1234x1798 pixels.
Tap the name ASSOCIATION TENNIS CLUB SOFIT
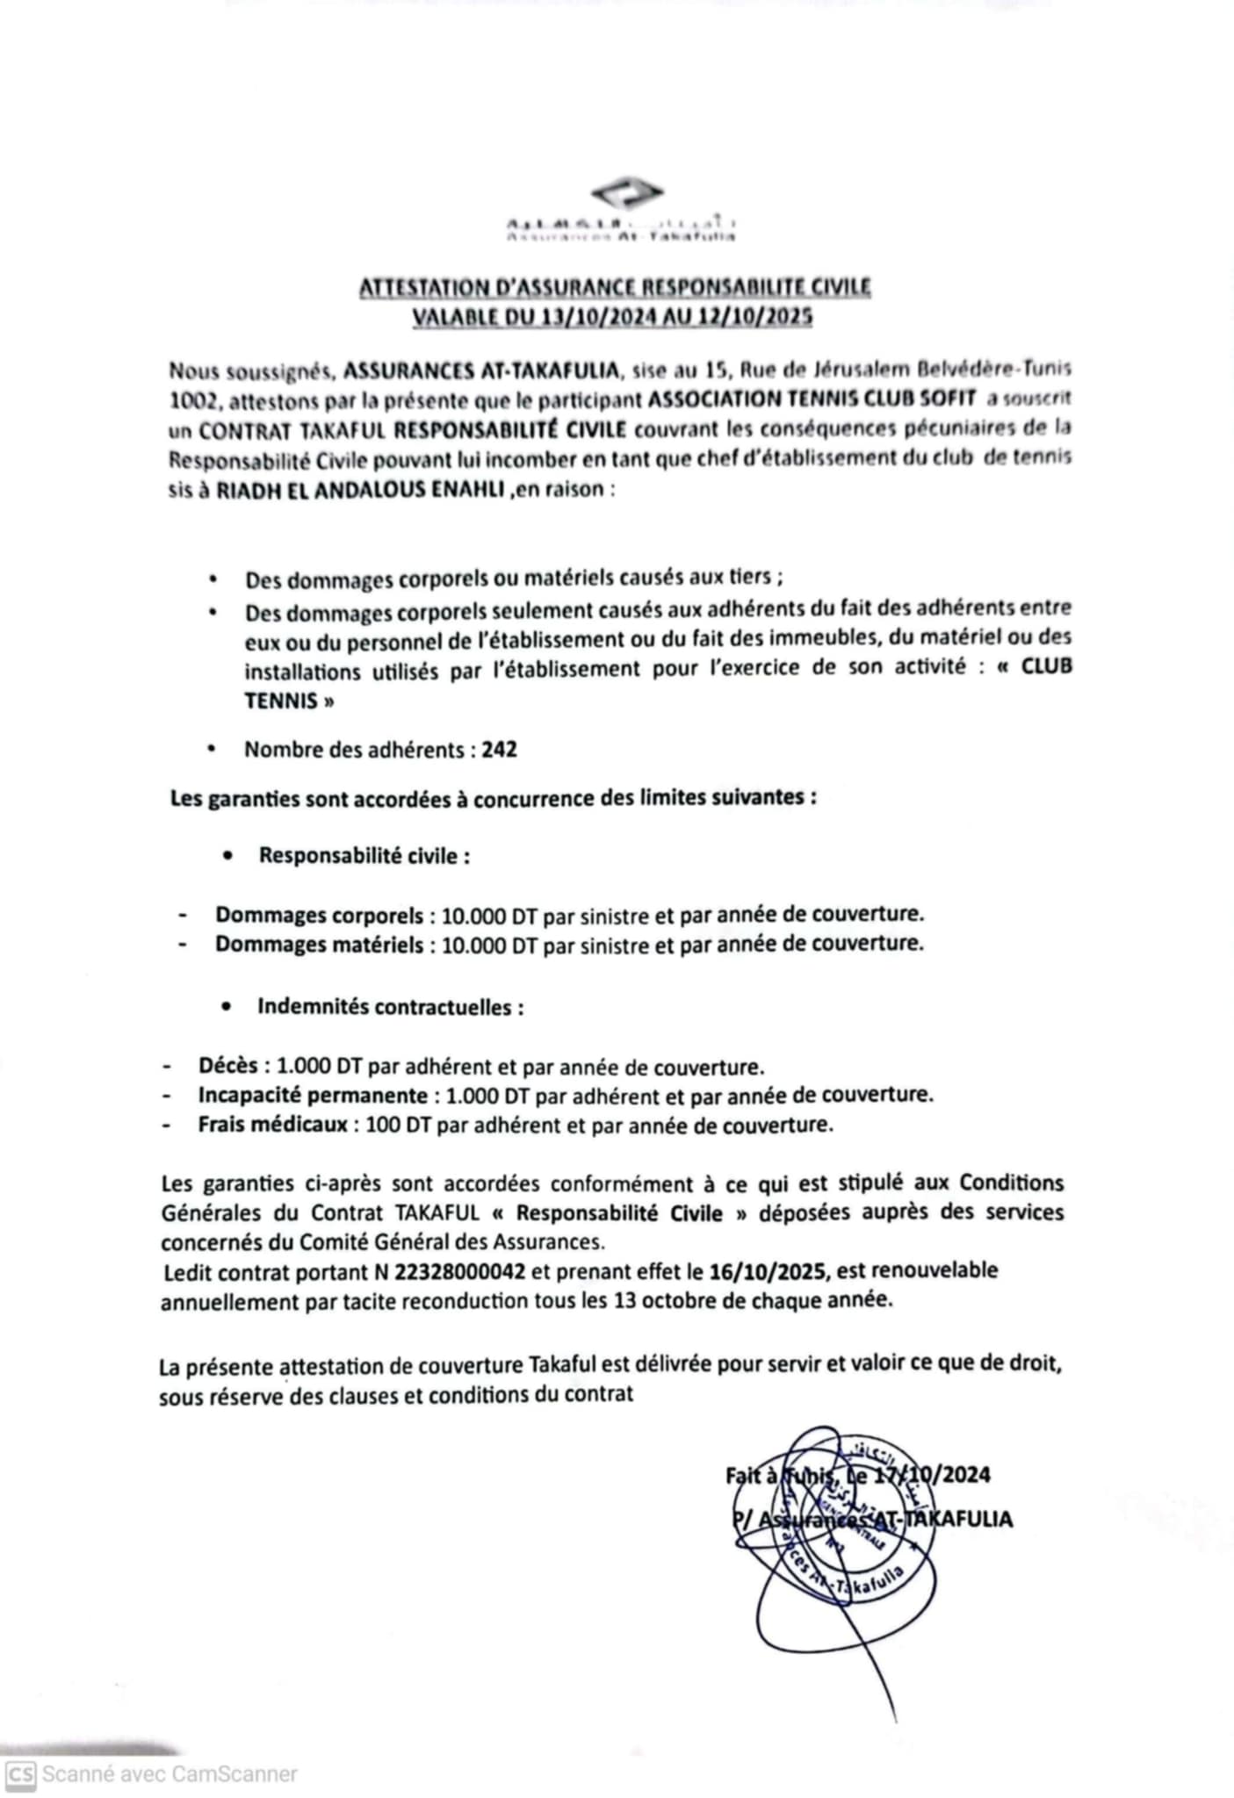coord(812,399)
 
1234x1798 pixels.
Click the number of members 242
coord(500,750)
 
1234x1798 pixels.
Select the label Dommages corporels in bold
coord(320,915)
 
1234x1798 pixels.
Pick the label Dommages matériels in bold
coord(320,945)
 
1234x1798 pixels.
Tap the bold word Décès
coord(227,1066)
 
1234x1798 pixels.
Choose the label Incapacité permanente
coord(312,1096)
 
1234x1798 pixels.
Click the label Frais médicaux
coord(272,1125)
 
